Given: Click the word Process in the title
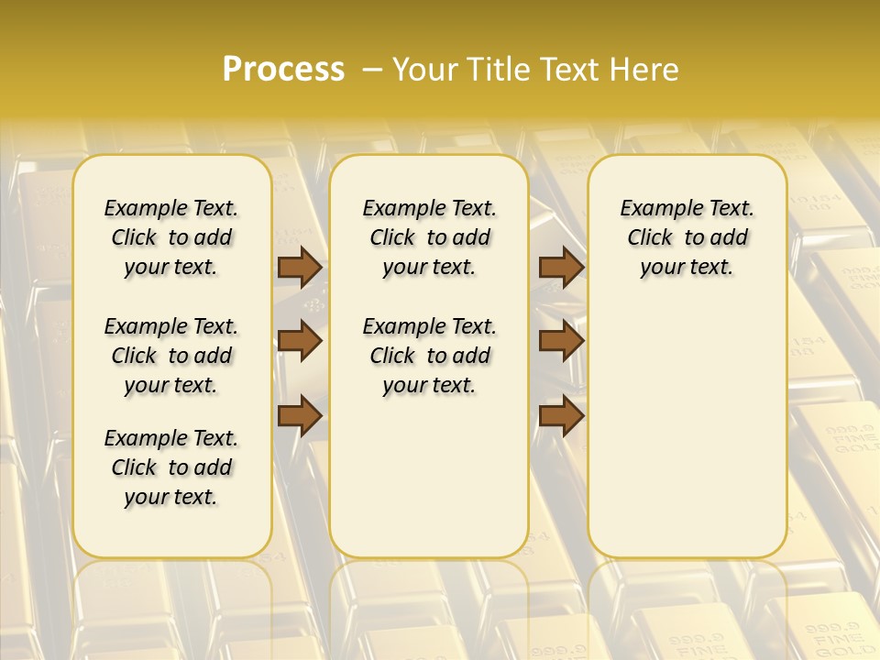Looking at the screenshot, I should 283,69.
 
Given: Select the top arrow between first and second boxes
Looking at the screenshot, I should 300,267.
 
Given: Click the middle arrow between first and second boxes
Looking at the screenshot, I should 300,342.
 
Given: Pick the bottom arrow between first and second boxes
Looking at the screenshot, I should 300,415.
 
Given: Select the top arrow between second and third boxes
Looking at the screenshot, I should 561,267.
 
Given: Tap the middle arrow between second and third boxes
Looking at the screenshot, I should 561,342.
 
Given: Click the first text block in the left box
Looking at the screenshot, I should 171,237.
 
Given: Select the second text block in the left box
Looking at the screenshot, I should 171,356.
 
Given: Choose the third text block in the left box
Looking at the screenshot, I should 171,467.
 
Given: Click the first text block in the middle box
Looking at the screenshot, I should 429,237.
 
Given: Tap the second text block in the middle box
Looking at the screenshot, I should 429,356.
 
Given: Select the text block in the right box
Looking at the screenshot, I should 687,237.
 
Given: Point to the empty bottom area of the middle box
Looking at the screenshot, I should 429,486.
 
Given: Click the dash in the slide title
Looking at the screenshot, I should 371,69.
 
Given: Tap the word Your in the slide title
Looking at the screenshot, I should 425,69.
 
